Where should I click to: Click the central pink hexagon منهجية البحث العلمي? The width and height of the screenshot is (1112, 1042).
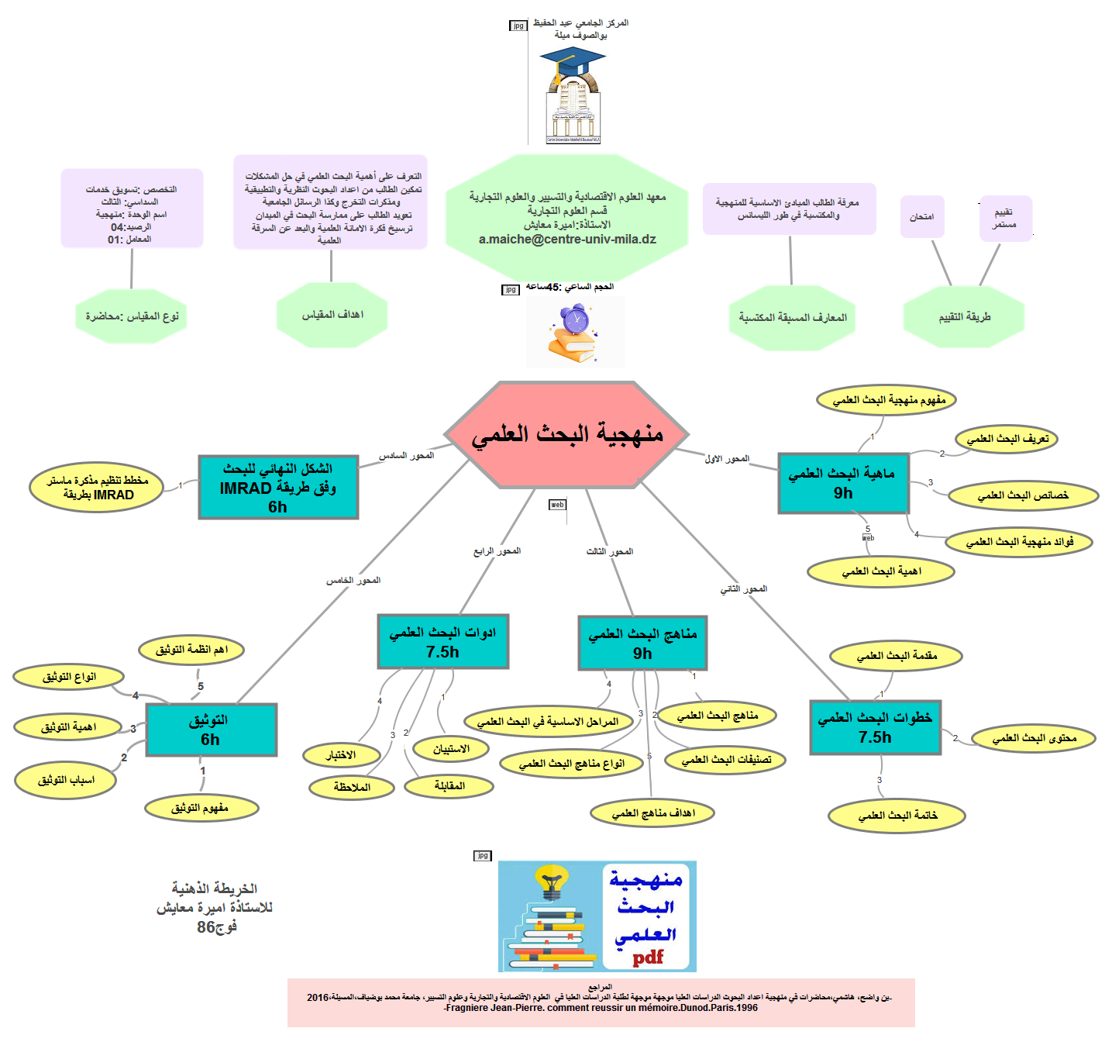click(x=566, y=434)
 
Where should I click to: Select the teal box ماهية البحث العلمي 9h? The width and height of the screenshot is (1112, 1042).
click(x=842, y=483)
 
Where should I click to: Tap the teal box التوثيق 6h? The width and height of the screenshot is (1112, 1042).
click(x=211, y=730)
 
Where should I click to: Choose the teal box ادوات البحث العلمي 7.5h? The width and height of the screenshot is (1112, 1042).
click(x=442, y=641)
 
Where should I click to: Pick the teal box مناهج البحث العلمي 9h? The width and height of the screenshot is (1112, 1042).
click(x=642, y=643)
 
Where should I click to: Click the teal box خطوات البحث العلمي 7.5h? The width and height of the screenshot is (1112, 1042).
click(x=875, y=727)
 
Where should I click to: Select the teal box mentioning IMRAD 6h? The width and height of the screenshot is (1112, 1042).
click(x=278, y=487)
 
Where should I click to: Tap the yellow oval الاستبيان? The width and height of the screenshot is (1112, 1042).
click(x=451, y=749)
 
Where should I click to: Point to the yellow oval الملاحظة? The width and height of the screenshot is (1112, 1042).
click(x=352, y=788)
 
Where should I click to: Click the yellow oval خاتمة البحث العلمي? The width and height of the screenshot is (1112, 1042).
click(x=897, y=816)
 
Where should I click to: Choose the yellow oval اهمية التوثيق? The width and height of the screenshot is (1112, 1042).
click(x=68, y=727)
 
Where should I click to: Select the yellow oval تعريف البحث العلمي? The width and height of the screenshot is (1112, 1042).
click(x=1007, y=439)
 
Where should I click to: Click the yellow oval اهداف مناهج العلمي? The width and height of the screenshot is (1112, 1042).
click(x=652, y=813)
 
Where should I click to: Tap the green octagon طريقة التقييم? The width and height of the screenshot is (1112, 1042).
click(x=964, y=317)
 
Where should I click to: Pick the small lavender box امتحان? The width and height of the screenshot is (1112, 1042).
click(x=921, y=217)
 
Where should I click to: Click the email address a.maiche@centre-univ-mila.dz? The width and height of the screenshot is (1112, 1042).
click(x=567, y=240)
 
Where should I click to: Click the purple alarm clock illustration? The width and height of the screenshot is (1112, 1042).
click(x=575, y=319)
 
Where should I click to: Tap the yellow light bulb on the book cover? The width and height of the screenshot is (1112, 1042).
click(x=552, y=882)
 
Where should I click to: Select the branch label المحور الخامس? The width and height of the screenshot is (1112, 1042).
click(x=353, y=580)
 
